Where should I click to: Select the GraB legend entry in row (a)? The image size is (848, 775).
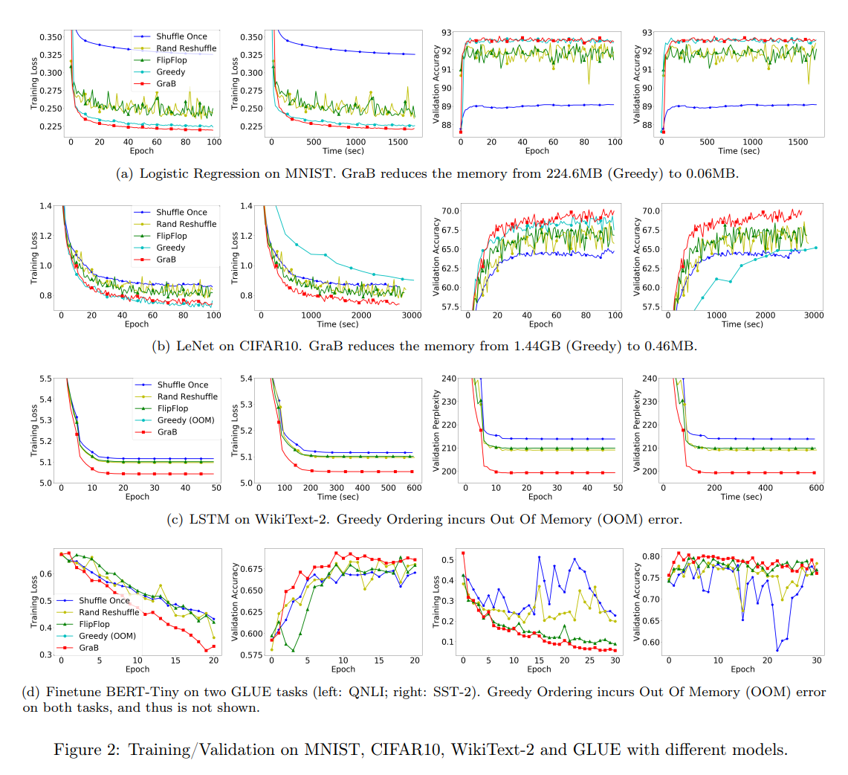point(166,84)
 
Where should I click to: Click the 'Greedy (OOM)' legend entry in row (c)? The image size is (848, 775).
point(185,420)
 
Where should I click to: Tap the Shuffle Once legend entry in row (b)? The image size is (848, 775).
point(181,212)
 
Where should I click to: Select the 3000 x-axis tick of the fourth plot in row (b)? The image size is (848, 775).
point(814,315)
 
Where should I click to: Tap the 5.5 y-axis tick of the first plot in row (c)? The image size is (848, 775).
point(46,379)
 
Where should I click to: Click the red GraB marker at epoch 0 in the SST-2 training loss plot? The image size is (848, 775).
point(463,553)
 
